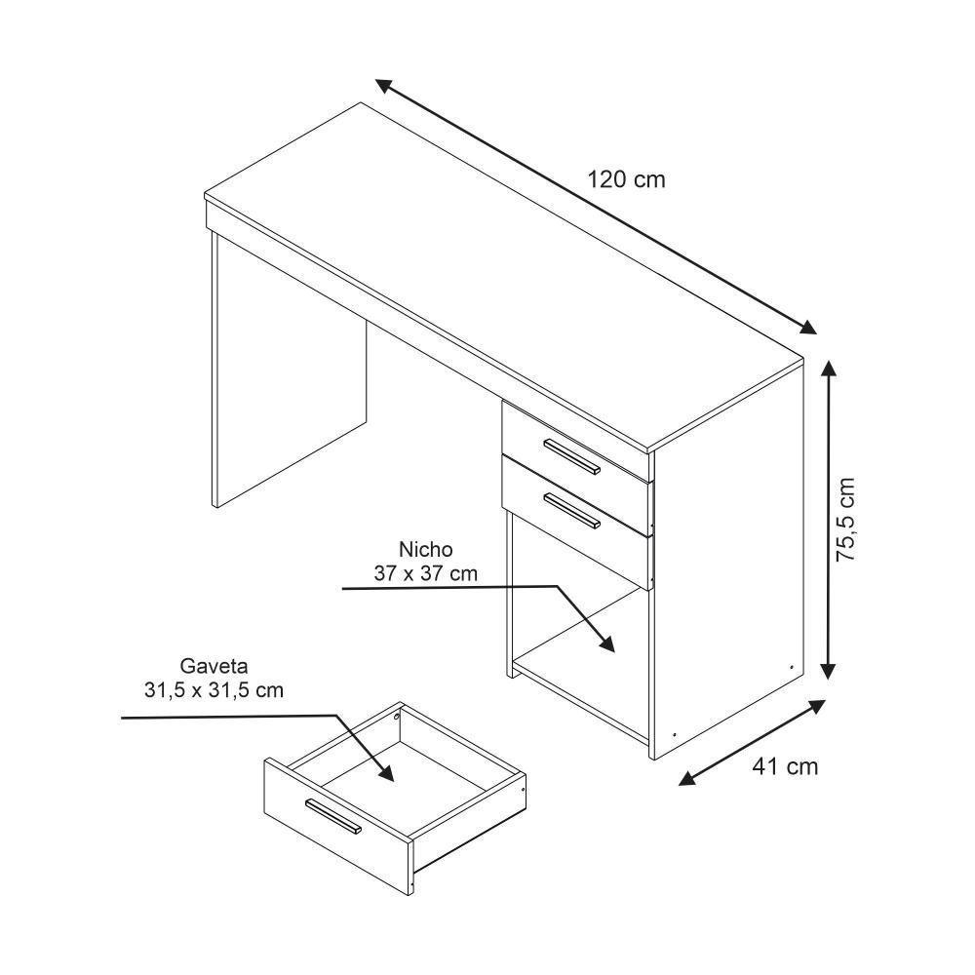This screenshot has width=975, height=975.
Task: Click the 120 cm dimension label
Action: click(626, 179)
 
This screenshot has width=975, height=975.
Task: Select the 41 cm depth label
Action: click(785, 766)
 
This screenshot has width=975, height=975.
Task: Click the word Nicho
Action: click(425, 550)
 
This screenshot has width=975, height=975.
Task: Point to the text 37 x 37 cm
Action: click(426, 573)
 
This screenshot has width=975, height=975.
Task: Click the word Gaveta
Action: click(214, 667)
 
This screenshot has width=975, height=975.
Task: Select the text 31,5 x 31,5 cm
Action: click(214, 690)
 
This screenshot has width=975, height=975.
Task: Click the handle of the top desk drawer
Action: click(571, 456)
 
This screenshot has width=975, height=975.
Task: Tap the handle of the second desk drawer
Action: click(571, 510)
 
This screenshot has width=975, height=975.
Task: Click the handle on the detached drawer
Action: click(332, 816)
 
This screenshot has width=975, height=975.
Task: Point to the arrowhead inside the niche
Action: click(607, 644)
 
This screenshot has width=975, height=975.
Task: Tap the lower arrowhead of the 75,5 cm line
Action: click(829, 669)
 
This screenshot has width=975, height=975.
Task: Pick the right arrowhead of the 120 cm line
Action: click(805, 329)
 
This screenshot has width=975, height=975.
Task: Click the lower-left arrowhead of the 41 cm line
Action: click(686, 778)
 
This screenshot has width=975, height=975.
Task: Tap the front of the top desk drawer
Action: click(575, 444)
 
